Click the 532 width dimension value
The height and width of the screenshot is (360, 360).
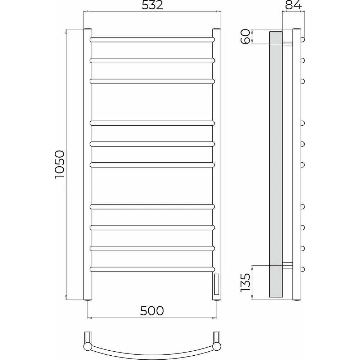tap(152, 5)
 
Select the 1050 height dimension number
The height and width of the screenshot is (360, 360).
tap(60, 165)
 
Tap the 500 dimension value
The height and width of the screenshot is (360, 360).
tap(152, 311)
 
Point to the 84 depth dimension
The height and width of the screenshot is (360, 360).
tap(293, 5)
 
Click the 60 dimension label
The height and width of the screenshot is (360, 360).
tap(245, 36)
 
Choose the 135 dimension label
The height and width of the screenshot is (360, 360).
tap(245, 283)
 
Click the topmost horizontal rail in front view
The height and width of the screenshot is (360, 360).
tap(152, 40)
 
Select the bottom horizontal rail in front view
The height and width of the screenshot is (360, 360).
tap(152, 269)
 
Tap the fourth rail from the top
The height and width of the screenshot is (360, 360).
tap(152, 123)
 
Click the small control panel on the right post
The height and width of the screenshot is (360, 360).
tap(217, 284)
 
